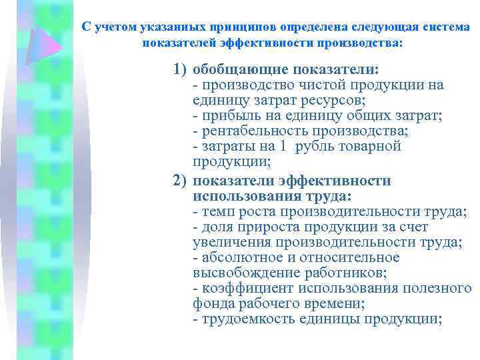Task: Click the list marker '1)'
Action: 180,70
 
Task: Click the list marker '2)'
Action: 180,181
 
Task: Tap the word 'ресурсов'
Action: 331,100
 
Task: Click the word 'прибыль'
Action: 227,115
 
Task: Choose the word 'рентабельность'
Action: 253,131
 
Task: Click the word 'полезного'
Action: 439,288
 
